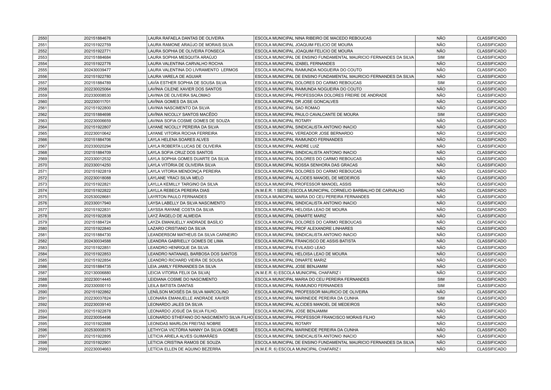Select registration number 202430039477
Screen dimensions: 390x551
(x=97, y=70)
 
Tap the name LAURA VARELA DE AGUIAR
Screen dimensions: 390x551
(x=175, y=77)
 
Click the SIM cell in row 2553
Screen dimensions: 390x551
(x=441, y=57)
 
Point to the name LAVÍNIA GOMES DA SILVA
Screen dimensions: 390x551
(x=173, y=102)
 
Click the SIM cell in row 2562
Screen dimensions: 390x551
(x=441, y=115)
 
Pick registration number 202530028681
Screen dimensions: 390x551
(x=97, y=197)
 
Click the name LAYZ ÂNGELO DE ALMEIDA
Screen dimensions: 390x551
(x=174, y=216)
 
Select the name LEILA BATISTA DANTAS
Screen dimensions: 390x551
(x=171, y=286)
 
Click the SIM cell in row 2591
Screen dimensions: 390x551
(x=441, y=298)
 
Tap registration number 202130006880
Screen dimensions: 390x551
(x=97, y=273)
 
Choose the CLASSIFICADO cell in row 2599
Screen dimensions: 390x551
(x=491, y=349)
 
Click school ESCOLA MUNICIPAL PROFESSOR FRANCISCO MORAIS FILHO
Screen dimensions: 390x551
(x=315, y=317)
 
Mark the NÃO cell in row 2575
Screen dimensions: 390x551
(x=441, y=197)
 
